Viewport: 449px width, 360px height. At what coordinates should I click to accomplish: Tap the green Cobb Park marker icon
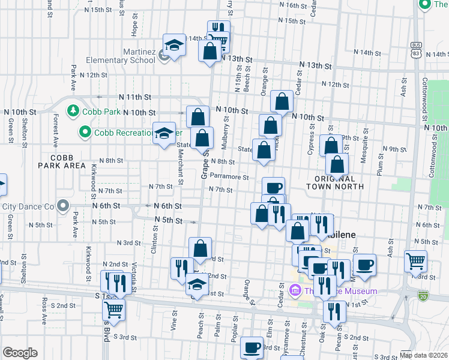(73, 111)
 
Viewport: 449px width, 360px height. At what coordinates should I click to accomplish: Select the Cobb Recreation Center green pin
(85, 132)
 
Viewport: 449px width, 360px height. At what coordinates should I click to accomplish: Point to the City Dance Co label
(28, 206)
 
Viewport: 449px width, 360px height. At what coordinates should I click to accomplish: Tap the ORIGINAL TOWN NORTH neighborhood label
(338, 182)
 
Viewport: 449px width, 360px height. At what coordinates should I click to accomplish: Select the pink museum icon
(295, 292)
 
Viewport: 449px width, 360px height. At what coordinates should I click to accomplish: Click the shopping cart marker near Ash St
(415, 261)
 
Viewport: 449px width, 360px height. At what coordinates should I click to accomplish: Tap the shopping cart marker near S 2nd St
(113, 310)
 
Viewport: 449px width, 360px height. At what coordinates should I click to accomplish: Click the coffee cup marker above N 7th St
(273, 187)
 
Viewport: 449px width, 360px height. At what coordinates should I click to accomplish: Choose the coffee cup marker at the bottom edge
(252, 347)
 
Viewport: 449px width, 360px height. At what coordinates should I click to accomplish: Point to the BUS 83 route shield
(415, 49)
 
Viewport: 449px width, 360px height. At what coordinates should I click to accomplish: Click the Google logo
(20, 353)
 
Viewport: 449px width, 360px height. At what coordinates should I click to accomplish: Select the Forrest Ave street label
(55, 130)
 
